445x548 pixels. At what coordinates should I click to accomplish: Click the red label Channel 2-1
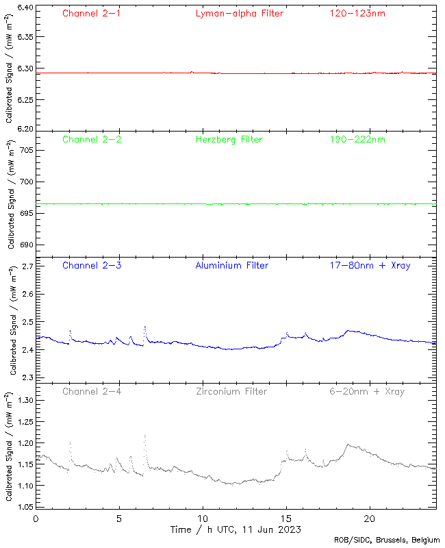click(92, 13)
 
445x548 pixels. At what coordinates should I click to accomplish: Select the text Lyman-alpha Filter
click(239, 13)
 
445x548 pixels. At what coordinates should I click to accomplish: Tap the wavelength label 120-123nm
click(357, 13)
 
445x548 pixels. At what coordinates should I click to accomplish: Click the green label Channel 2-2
click(92, 140)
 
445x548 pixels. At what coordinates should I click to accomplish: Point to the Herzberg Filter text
click(229, 140)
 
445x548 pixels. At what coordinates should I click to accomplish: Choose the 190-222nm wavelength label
click(357, 140)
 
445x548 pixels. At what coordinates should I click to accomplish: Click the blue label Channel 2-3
click(92, 265)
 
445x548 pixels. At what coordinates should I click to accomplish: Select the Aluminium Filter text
click(232, 265)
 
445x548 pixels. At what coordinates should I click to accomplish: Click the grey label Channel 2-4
click(92, 391)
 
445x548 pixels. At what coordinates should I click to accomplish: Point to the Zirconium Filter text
click(231, 391)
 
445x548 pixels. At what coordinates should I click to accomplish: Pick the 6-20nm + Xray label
click(367, 391)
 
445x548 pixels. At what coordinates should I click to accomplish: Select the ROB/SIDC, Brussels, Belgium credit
click(387, 540)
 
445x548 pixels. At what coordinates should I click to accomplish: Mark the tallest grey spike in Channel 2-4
click(144, 436)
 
